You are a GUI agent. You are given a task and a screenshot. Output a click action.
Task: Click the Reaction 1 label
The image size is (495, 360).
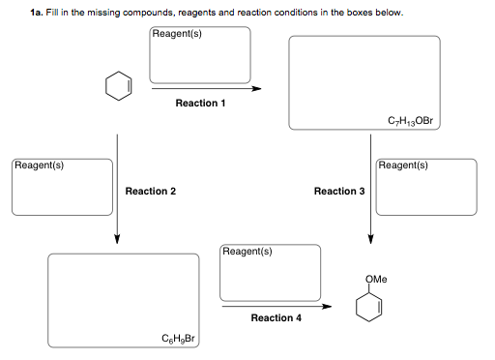[x=200, y=103]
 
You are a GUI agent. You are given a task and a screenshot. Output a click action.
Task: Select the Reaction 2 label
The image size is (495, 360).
[x=150, y=192]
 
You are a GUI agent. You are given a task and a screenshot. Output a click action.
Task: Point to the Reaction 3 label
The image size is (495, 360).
[x=338, y=192]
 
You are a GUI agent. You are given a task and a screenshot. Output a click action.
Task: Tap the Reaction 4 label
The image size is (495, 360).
[x=276, y=317]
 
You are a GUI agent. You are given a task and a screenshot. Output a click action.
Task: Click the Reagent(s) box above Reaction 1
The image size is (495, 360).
[x=200, y=55]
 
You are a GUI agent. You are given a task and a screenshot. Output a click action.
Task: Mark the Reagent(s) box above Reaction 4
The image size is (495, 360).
[x=270, y=272]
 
